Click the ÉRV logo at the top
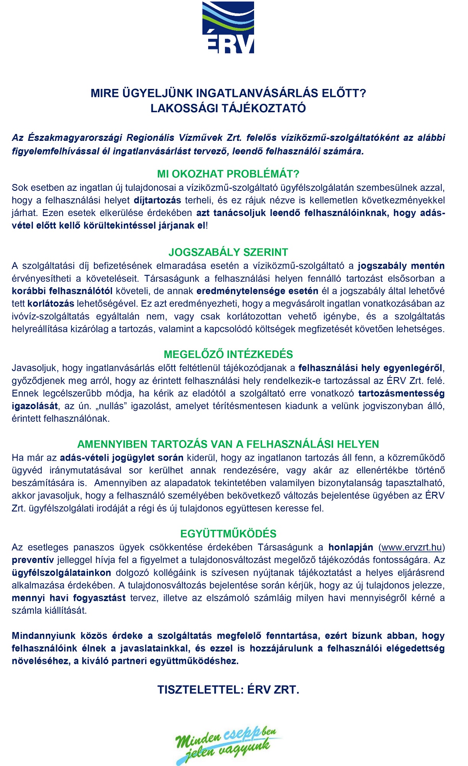(x=228, y=27)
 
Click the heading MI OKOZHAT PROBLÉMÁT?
(x=228, y=174)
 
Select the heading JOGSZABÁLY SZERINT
(x=228, y=252)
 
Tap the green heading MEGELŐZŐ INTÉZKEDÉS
(x=228, y=355)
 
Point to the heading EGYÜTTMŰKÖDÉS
(x=228, y=534)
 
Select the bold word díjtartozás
(x=157, y=200)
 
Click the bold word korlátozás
(x=51, y=304)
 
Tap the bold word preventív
(x=33, y=560)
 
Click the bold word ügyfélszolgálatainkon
(x=62, y=572)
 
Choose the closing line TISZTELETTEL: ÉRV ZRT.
(x=228, y=690)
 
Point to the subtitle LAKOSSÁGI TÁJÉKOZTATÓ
(x=228, y=108)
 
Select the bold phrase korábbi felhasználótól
(x=62, y=291)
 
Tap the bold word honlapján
(x=351, y=547)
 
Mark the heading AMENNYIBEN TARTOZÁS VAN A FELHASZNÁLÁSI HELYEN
(x=228, y=444)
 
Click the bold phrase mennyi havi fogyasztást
(x=69, y=598)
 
